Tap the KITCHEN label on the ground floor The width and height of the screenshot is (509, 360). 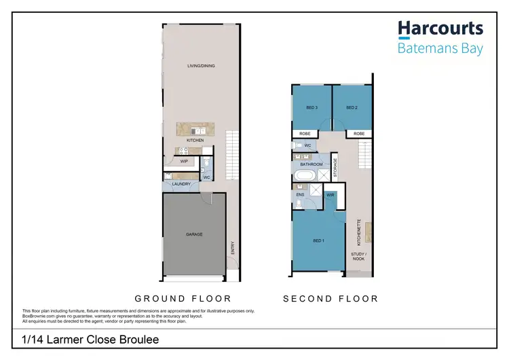coord(195,141)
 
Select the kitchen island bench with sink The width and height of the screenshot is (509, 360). coord(195,129)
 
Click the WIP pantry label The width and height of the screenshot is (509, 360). coord(183,162)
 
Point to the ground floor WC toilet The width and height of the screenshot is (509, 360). coord(208,164)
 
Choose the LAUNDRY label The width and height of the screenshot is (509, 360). coord(181,184)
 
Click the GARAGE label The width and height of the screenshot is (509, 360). coord(194,234)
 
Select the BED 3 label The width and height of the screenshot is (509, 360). coord(312,108)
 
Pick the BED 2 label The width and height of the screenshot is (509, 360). coord(351,108)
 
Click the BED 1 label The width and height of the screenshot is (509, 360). coord(318,241)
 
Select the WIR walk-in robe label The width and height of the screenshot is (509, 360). coord(331,195)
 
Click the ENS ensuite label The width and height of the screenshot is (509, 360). coord(300,196)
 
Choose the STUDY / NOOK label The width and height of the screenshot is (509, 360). coord(358,257)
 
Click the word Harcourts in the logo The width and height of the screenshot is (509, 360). coord(440,29)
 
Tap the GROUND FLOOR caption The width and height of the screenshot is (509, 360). coord(183,298)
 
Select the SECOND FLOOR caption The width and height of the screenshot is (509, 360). coord(331,298)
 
